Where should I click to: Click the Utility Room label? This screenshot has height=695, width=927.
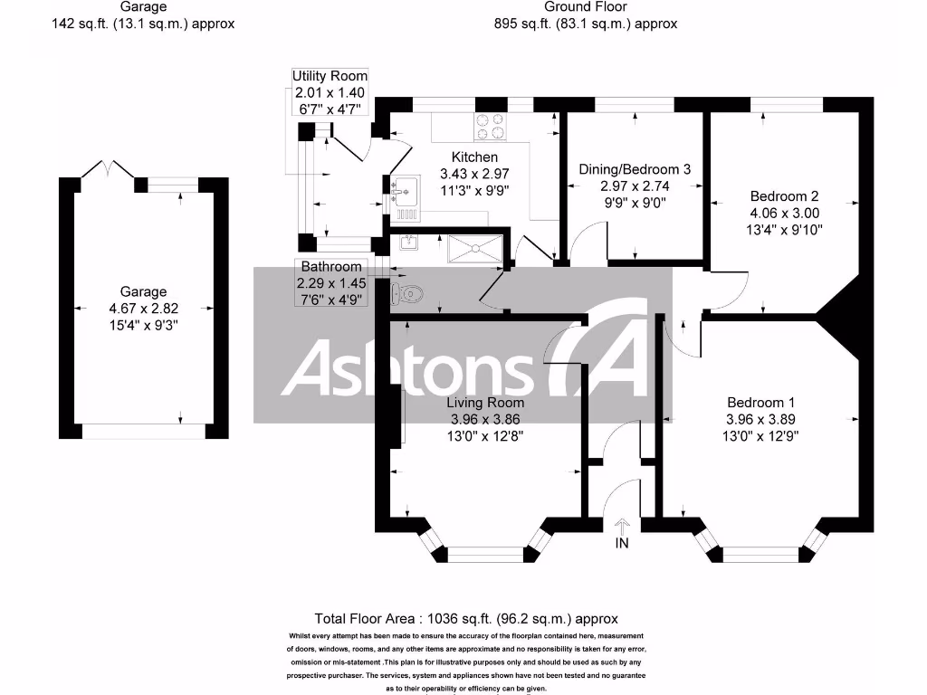click(x=330, y=77)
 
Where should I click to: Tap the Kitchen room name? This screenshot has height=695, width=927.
click(x=468, y=157)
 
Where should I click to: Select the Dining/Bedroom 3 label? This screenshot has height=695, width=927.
click(x=635, y=169)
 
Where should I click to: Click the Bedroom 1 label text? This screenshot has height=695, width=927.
click(x=761, y=403)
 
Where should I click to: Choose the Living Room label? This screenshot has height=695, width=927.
click(x=486, y=403)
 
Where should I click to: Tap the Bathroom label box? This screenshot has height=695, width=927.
click(x=331, y=267)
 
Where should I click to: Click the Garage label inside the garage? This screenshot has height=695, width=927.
click(x=144, y=291)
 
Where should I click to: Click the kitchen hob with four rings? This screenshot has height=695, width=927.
click(x=491, y=127)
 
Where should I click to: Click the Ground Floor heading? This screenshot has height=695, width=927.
click(x=586, y=7)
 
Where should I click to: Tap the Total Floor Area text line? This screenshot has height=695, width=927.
click(x=466, y=619)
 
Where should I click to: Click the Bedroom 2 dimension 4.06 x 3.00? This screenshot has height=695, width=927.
click(x=784, y=213)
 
